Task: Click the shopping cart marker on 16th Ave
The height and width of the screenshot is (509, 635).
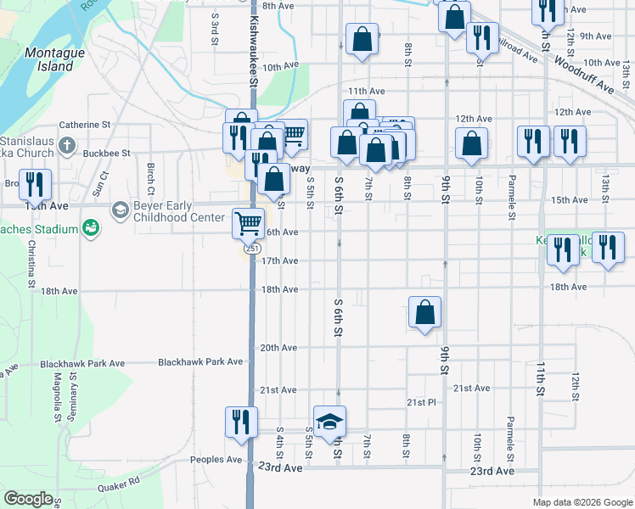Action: (x=248, y=224)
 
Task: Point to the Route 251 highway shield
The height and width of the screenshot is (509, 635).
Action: (x=252, y=249)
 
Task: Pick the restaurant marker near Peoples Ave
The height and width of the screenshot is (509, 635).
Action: (x=240, y=422)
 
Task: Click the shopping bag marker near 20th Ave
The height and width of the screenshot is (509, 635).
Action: (x=424, y=313)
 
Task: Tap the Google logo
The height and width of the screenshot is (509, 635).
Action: (x=28, y=499)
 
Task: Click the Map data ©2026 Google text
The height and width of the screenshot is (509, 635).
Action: (x=582, y=502)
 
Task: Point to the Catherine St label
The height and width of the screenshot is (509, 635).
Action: (x=85, y=125)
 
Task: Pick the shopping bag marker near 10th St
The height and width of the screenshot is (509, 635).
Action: (x=471, y=143)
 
